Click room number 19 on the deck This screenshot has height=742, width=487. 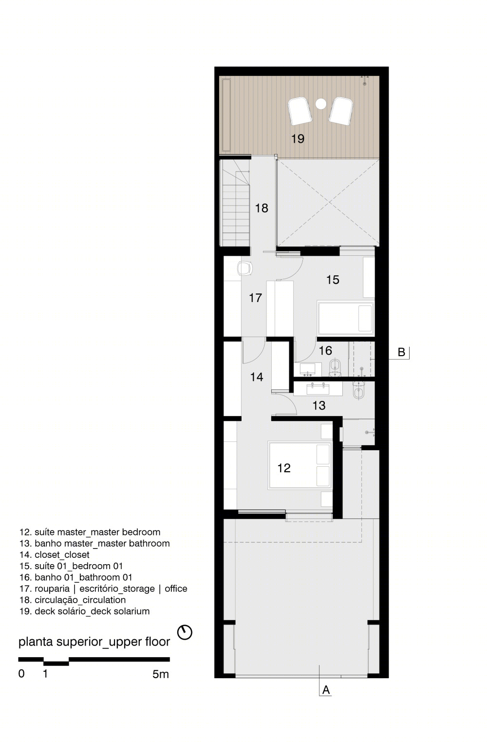[298, 138]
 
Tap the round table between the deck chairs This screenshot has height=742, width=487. [321, 104]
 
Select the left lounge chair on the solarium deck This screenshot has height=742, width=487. [300, 111]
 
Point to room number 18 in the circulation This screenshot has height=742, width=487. [262, 208]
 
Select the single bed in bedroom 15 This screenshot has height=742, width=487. [346, 318]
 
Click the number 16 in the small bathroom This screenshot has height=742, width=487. [325, 350]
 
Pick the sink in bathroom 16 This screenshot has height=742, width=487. [308, 369]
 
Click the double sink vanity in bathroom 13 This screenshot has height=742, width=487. [318, 389]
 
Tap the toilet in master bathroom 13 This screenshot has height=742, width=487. [358, 391]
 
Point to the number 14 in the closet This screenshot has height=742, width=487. [257, 377]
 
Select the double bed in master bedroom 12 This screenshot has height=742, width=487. [300, 465]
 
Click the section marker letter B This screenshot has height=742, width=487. [401, 352]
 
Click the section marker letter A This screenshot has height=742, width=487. [326, 690]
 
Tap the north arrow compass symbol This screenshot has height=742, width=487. [185, 632]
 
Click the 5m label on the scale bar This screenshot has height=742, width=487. [161, 674]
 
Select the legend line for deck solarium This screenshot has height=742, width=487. [84, 611]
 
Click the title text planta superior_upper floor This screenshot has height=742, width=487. [94, 642]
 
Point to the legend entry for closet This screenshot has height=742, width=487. [54, 554]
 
